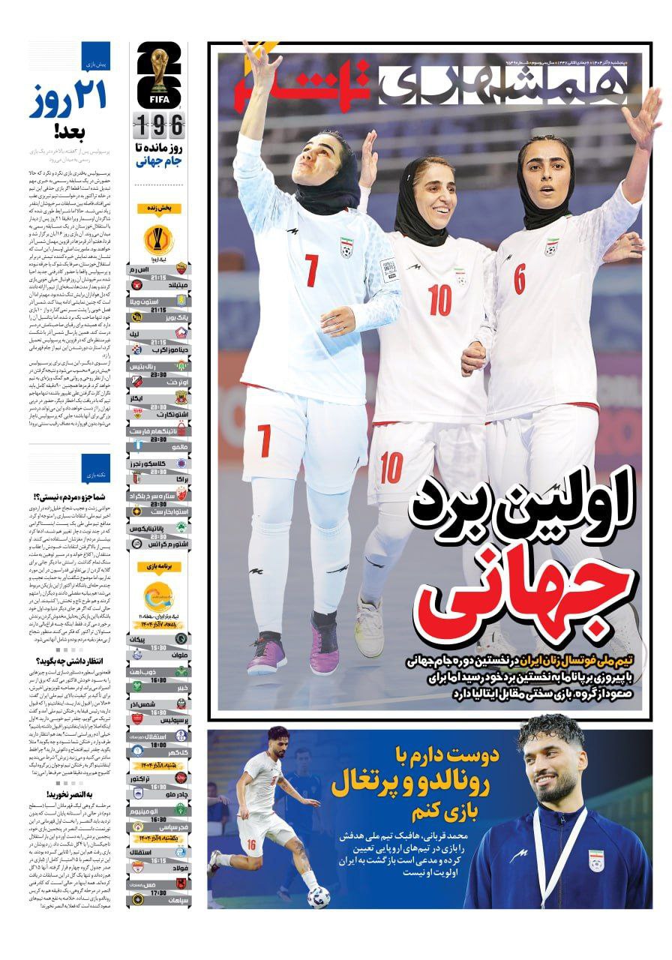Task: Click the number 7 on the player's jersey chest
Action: tap(311, 270)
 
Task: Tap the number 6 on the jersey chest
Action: tap(519, 278)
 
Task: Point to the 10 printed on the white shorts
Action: tap(391, 468)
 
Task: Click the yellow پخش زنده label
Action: tap(159, 209)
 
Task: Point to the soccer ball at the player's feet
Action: tap(318, 895)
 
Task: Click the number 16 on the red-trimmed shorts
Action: tap(250, 844)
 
